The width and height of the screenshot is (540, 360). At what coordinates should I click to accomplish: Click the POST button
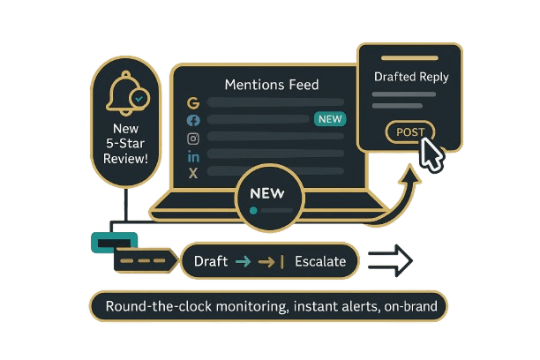click(410, 132)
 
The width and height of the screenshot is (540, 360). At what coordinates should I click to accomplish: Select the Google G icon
click(193, 102)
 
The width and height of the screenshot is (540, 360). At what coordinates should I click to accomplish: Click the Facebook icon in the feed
click(193, 120)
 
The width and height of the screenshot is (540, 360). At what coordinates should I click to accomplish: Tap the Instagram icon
click(193, 138)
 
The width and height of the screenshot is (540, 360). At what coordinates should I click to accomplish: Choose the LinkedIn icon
click(193, 156)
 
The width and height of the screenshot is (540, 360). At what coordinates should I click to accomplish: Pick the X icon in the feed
click(193, 174)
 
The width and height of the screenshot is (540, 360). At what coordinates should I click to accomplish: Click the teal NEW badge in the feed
click(330, 119)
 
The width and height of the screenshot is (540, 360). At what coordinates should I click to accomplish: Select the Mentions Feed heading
click(272, 86)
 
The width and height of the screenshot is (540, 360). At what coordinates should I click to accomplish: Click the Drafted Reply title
click(411, 77)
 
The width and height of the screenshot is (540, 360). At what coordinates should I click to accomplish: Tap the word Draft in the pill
click(210, 261)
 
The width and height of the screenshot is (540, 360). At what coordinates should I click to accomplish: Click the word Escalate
click(319, 261)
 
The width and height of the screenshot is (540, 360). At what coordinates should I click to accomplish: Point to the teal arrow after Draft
click(243, 261)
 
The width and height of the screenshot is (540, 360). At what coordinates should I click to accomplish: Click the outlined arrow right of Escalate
click(389, 260)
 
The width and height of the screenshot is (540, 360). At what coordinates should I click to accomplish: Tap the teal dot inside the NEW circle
click(254, 211)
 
